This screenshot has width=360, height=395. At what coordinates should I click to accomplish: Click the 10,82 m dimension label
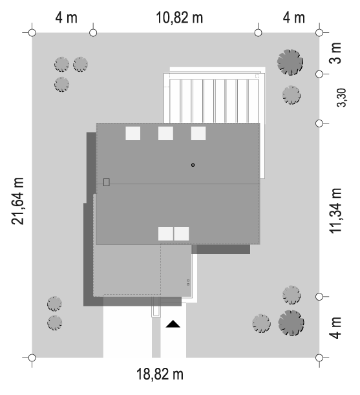[180, 17]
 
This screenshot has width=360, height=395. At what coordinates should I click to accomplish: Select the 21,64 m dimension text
[17, 201]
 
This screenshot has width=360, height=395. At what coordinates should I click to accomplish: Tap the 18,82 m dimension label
[160, 374]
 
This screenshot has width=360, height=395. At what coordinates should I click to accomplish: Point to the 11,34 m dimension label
[335, 211]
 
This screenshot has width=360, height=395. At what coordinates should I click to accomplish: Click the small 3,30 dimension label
[342, 98]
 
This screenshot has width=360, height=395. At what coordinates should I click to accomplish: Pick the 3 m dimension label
[335, 53]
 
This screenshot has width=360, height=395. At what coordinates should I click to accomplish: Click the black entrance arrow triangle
[173, 324]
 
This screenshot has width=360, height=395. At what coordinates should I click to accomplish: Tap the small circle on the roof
[193, 165]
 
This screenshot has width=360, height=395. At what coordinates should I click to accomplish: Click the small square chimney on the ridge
[106, 182]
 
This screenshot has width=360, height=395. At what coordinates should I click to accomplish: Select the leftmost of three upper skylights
[132, 133]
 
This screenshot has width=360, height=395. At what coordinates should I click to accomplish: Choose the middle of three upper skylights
[165, 133]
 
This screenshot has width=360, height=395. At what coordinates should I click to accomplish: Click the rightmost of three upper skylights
[198, 133]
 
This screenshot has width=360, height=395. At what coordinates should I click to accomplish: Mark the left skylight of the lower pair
[165, 233]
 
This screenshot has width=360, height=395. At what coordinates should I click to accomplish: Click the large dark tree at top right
[290, 62]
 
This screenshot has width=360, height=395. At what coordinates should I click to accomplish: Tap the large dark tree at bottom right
[291, 323]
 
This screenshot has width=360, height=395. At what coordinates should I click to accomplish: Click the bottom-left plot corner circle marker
[32, 358]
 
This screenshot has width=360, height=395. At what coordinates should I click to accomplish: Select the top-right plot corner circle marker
[319, 33]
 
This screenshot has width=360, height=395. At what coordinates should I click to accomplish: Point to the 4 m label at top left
[67, 17]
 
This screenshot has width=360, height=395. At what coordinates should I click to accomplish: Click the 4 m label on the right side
[335, 328]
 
